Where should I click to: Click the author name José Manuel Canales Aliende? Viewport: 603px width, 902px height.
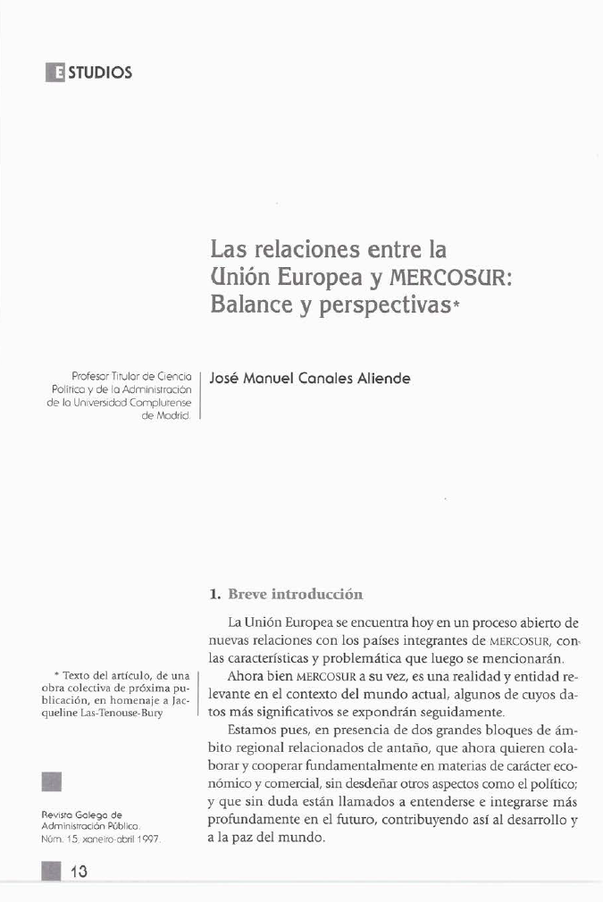309,378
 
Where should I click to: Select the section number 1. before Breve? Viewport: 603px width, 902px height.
214,593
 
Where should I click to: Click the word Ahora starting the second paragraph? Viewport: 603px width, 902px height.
246,676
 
